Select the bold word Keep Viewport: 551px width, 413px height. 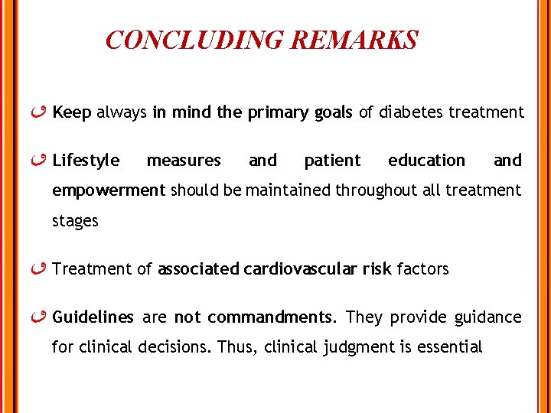pyautogui.click(x=72, y=113)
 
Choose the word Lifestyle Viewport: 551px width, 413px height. pyautogui.click(x=86, y=161)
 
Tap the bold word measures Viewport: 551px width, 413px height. pyautogui.click(x=184, y=161)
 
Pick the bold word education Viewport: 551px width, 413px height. pyautogui.click(x=426, y=161)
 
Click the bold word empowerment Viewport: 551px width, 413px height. pyautogui.click(x=109, y=190)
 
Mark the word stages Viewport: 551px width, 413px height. pyautogui.click(x=75, y=222)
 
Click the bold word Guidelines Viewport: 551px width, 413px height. pyautogui.click(x=93, y=317)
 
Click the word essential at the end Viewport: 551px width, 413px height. pyautogui.click(x=448, y=347)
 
